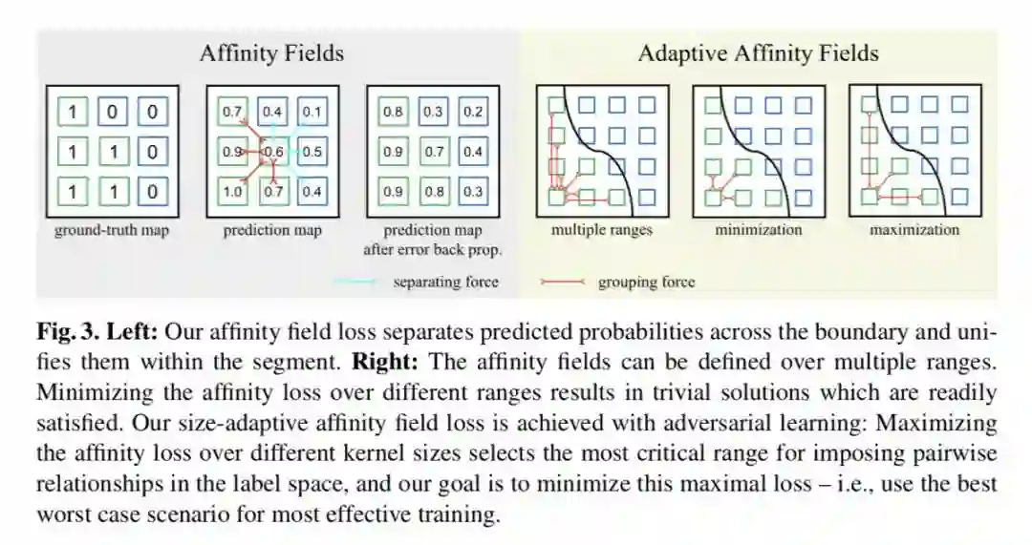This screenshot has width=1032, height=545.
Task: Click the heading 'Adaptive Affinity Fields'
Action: click(758, 53)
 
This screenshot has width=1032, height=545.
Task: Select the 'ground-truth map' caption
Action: click(111, 230)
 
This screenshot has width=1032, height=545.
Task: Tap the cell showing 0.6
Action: click(272, 152)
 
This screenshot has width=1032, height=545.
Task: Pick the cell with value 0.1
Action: click(312, 112)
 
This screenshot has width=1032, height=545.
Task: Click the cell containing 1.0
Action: click(232, 192)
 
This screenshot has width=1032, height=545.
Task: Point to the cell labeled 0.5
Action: click(312, 152)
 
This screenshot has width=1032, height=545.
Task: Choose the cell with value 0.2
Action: click(472, 112)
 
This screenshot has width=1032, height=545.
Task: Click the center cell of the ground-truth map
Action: click(112, 152)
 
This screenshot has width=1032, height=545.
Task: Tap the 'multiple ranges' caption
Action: click(602, 230)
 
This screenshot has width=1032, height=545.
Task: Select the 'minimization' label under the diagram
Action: click(759, 230)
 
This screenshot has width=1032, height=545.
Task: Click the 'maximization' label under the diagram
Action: click(914, 230)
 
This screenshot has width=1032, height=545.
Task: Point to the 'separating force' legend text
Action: click(445, 282)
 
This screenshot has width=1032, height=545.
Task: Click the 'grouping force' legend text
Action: click(646, 282)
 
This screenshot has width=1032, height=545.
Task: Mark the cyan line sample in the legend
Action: click(356, 282)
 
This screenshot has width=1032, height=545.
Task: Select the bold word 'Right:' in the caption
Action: click(382, 362)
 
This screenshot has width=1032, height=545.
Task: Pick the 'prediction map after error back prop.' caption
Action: click(432, 240)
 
